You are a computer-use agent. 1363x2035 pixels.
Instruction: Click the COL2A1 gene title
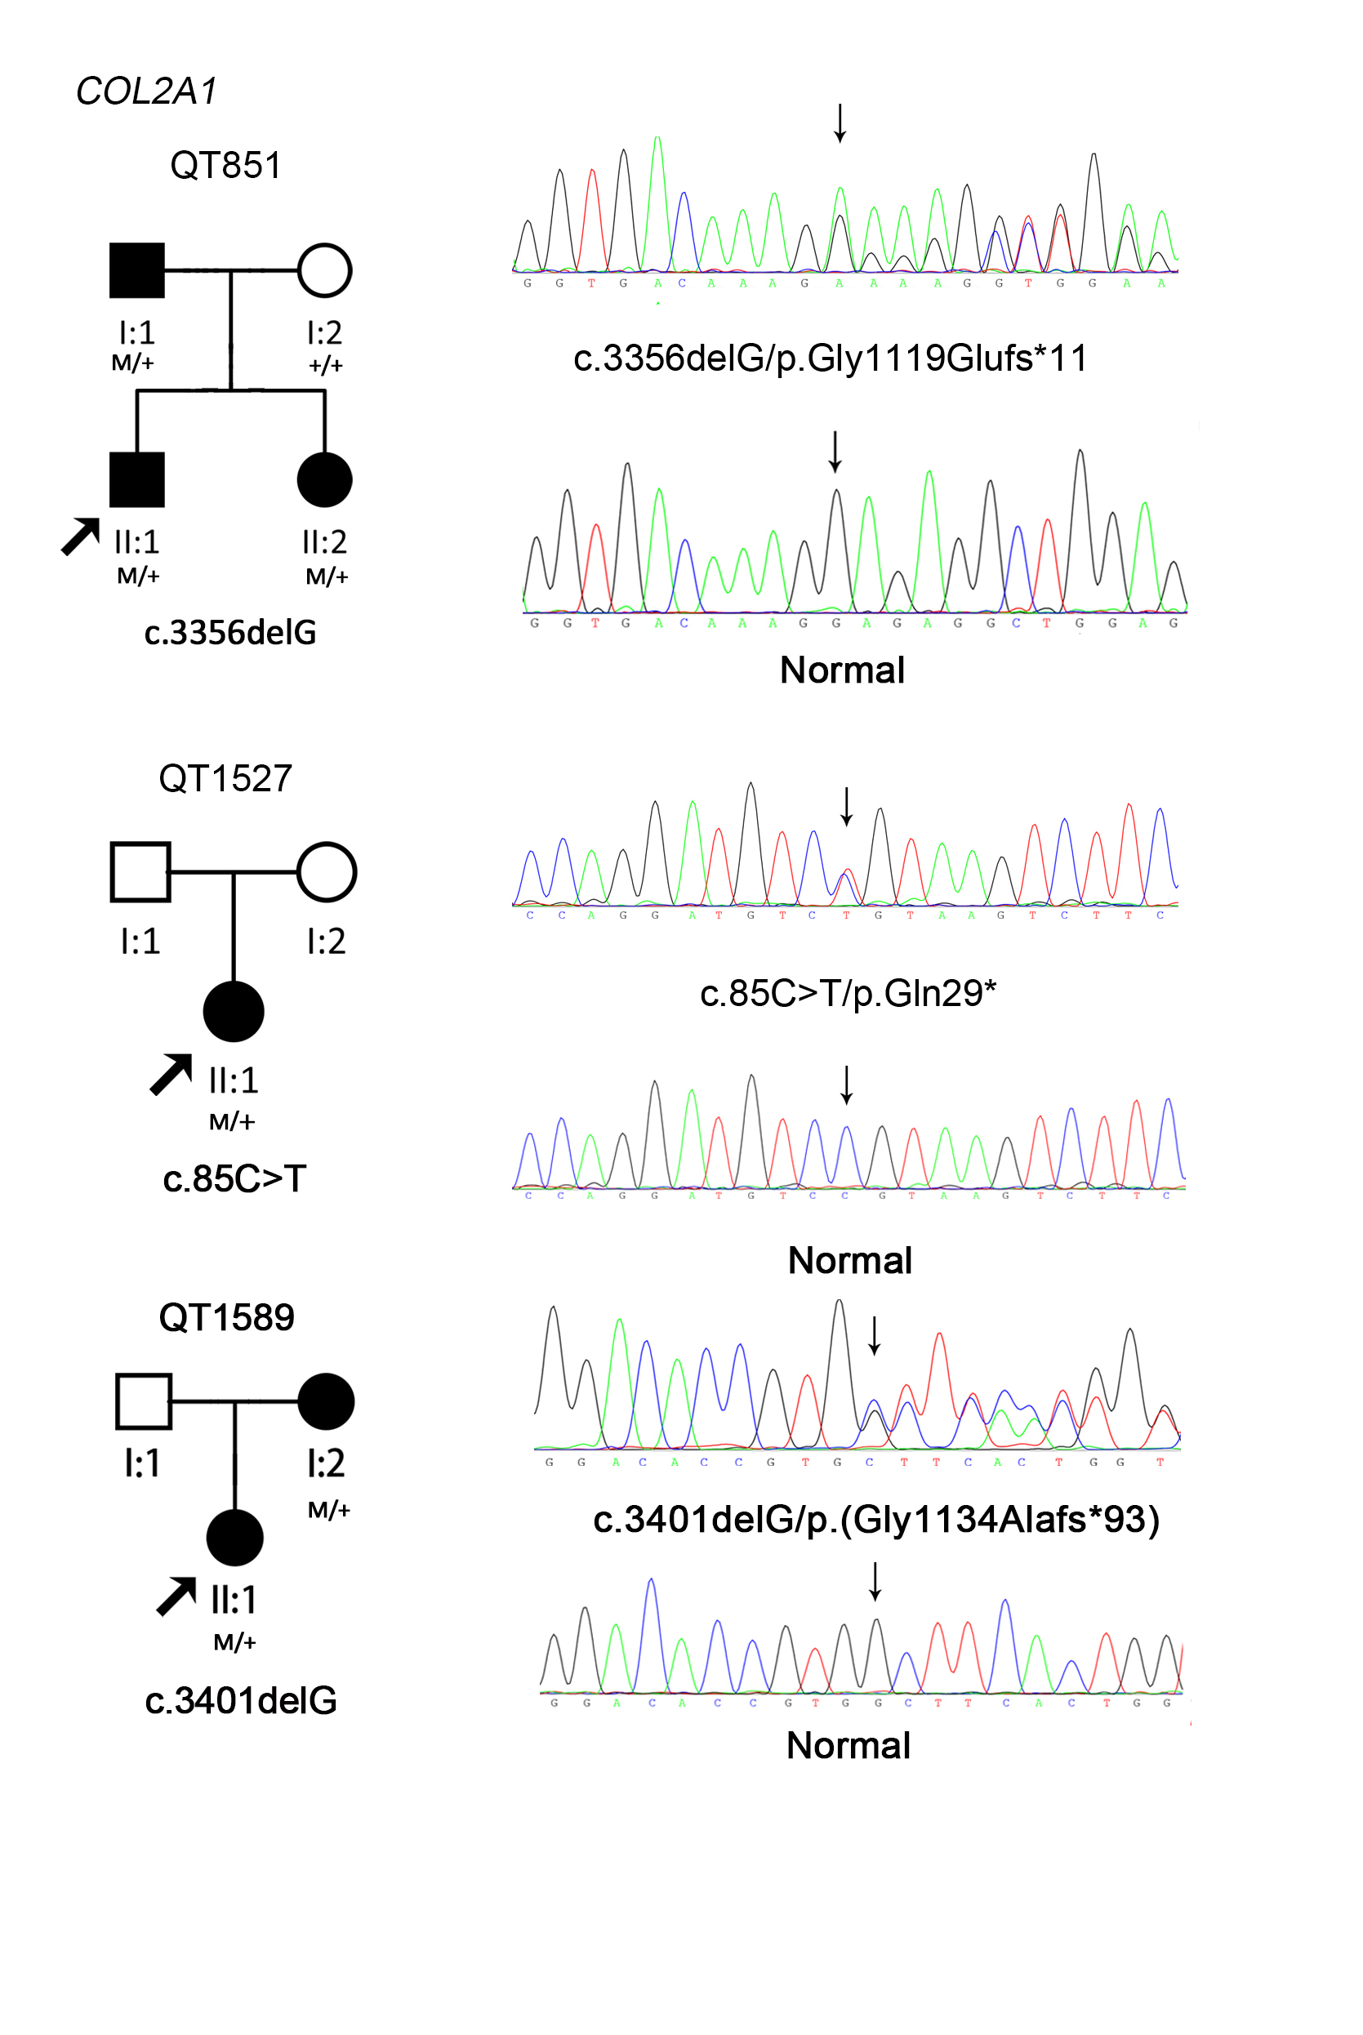[x=146, y=91]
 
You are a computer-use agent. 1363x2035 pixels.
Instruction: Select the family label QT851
[x=225, y=165]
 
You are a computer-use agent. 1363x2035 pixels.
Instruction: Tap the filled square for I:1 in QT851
[x=136, y=270]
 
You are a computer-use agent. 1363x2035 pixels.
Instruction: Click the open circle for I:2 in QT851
[x=324, y=270]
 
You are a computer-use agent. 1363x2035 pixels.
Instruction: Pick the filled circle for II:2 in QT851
[x=324, y=480]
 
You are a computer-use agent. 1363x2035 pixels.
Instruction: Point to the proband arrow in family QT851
[x=81, y=537]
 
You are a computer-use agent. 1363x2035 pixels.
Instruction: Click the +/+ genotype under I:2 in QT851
[x=325, y=366]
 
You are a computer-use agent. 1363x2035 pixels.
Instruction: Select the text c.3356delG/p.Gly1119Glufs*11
[x=831, y=358]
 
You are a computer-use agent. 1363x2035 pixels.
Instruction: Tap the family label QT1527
[x=225, y=778]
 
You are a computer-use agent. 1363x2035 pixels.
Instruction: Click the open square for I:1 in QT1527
[x=140, y=872]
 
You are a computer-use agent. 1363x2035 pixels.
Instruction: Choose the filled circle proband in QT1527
[x=233, y=1012]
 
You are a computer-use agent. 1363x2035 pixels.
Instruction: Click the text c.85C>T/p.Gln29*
[x=848, y=994]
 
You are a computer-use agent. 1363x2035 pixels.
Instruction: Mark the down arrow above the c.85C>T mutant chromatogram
[x=847, y=806]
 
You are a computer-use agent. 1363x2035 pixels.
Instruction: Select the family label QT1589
[x=226, y=1318]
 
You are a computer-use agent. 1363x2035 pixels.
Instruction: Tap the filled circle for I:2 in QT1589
[x=326, y=1401]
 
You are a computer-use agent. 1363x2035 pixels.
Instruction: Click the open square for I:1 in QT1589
[x=144, y=1401]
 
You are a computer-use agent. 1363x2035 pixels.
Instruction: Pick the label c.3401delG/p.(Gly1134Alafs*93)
[x=875, y=1520]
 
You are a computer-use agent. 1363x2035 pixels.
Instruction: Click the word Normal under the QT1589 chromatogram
[x=848, y=1746]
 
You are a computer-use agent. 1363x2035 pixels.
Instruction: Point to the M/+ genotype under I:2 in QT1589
[x=328, y=1510]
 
